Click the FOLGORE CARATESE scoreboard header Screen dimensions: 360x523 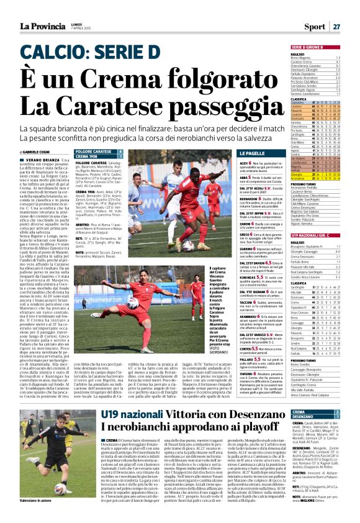click(x=93, y=151)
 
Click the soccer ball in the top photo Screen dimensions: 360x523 click(x=186, y=246)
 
